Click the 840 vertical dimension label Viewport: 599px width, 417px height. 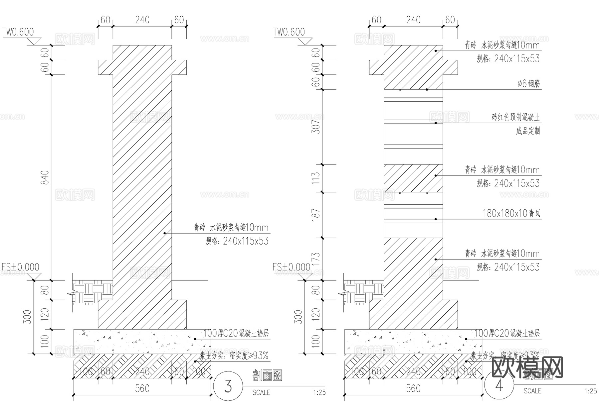(x=45, y=177)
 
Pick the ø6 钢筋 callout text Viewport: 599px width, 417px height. (x=528, y=83)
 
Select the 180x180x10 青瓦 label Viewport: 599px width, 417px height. (x=511, y=213)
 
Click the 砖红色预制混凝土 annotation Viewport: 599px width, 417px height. (x=515, y=117)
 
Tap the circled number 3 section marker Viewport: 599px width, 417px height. (x=228, y=386)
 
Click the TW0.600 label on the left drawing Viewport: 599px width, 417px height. (x=18, y=32)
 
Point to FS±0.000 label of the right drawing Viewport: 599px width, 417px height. (x=291, y=267)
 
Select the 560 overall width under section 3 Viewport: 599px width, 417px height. (x=142, y=388)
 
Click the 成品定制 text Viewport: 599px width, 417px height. (x=528, y=131)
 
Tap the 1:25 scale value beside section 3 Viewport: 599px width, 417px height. (x=319, y=392)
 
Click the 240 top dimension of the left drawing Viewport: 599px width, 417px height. (x=142, y=20)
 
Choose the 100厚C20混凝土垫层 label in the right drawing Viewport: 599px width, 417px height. (x=507, y=333)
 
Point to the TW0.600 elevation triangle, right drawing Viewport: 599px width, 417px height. (x=305, y=42)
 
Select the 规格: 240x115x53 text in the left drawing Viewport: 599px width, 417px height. (x=237, y=241)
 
